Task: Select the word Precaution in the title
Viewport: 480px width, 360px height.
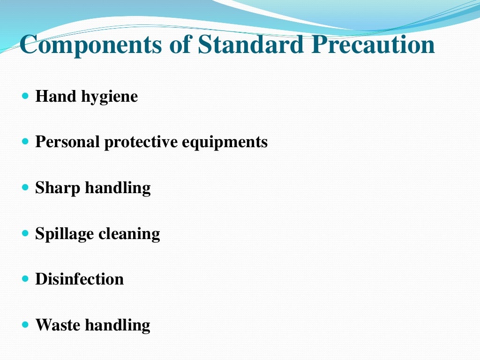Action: pos(374,45)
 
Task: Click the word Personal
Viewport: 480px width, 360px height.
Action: pos(67,142)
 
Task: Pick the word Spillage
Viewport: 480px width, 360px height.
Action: pos(64,234)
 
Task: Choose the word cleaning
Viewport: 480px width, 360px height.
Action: pos(129,234)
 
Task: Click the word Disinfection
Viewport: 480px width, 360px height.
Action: pos(79,279)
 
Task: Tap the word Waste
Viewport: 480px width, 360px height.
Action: pos(57,325)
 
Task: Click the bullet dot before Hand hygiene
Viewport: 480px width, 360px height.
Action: pos(25,96)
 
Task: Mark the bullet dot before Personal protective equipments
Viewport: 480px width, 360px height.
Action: pos(25,142)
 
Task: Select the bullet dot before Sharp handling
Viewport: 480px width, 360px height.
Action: pos(25,187)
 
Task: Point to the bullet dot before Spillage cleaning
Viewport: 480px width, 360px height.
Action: pos(25,232)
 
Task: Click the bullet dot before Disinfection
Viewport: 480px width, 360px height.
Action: pos(25,278)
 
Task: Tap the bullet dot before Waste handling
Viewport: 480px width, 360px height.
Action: pos(25,324)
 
